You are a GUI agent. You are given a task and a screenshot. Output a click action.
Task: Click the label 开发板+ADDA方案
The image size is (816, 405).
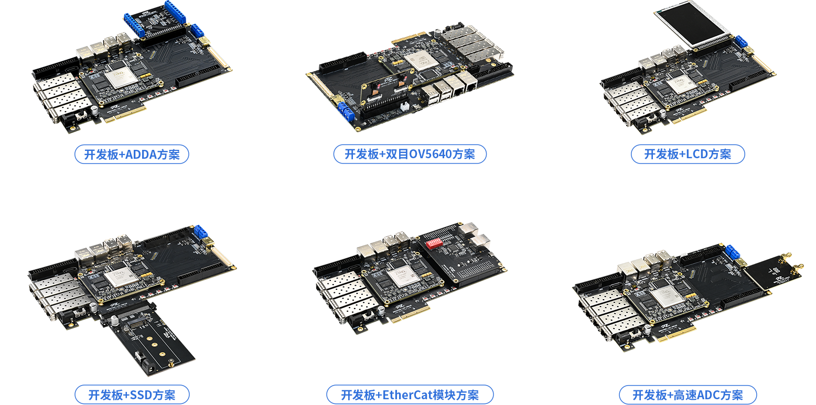[x=132, y=154]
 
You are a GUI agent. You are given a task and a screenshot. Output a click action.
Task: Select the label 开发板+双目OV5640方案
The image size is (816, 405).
[x=410, y=154]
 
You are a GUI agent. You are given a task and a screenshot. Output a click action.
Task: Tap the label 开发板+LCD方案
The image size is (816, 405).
[x=688, y=154]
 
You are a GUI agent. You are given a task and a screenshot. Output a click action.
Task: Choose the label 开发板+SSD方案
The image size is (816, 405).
[x=132, y=395]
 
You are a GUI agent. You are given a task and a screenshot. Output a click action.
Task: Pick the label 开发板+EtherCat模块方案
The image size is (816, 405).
[x=410, y=395]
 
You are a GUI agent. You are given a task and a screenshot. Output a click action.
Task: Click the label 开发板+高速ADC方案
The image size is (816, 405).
[x=688, y=395]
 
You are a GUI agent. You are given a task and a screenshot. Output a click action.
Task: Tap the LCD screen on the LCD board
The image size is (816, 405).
[x=693, y=23]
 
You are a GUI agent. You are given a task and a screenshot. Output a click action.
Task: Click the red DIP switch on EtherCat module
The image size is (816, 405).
[x=434, y=243]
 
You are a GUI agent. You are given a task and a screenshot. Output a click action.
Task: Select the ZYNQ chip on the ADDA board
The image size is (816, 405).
[x=120, y=77]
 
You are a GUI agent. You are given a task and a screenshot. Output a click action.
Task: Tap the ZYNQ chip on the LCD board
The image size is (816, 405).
[x=680, y=84]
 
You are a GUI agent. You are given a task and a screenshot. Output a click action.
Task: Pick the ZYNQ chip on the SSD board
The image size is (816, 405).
[x=120, y=277]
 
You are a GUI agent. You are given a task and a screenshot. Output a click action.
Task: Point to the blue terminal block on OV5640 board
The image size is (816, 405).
[x=346, y=111]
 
